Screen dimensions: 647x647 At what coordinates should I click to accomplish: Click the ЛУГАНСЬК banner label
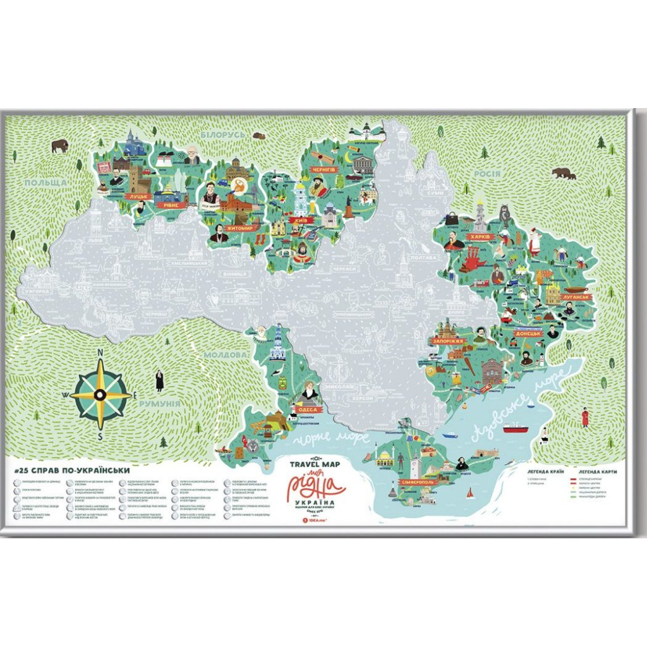click(x=575, y=296)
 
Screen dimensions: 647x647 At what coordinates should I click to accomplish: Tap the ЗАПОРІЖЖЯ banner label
click(x=449, y=341)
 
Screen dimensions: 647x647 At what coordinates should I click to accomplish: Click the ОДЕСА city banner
click(x=306, y=409)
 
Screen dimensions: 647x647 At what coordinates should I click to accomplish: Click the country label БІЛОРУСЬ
click(x=222, y=135)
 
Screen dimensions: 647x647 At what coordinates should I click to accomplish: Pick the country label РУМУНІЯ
click(x=160, y=404)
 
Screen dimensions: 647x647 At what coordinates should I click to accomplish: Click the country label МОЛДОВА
click(x=225, y=355)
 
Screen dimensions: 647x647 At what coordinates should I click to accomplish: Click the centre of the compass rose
click(x=100, y=394)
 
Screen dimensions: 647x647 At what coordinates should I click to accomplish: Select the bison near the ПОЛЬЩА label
click(x=60, y=147)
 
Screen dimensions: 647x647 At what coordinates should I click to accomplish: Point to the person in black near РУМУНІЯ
click(x=159, y=380)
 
